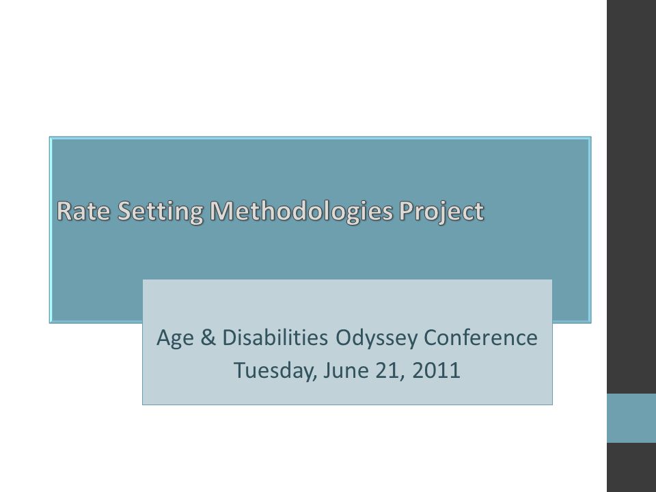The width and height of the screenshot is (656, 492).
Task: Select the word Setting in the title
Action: coord(160,212)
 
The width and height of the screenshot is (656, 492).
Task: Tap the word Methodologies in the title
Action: coord(301,212)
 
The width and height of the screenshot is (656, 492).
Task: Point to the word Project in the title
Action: coord(441,212)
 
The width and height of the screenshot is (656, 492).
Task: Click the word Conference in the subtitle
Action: coord(480,337)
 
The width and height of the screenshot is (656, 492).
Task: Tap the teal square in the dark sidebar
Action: coord(631,418)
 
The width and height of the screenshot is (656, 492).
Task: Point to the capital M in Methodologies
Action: coord(221,210)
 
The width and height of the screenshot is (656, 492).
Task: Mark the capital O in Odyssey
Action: coord(344,338)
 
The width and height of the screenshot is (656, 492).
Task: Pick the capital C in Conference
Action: coord(431,338)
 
